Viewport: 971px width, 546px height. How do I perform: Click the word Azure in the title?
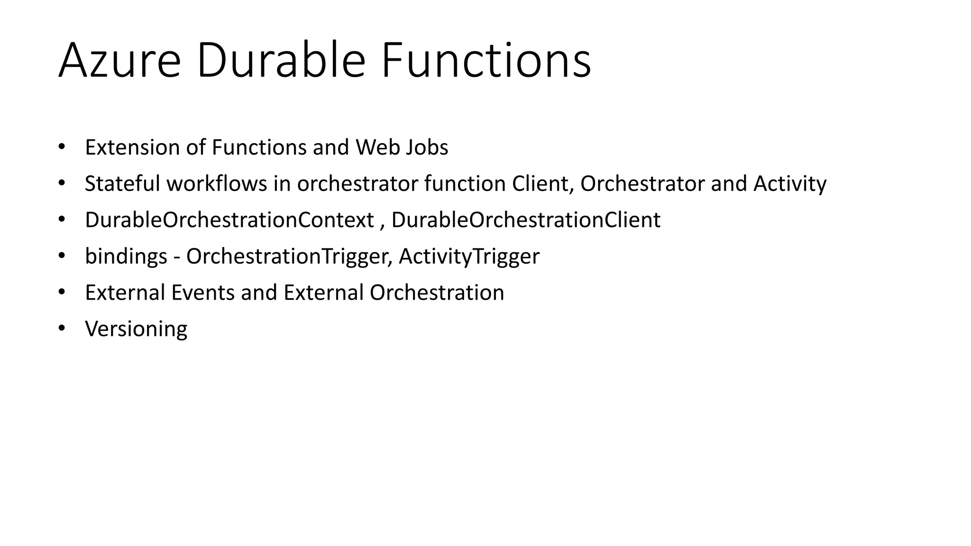[119, 61]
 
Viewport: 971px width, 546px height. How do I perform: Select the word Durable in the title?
[281, 61]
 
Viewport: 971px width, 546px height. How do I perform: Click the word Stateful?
[122, 184]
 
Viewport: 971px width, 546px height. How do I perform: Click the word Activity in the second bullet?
[790, 184]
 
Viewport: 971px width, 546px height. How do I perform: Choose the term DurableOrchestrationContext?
[229, 220]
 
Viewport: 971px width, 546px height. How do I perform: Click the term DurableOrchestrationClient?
[526, 220]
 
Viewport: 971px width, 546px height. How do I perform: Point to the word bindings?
[126, 256]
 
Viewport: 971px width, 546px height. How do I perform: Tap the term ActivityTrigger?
[469, 256]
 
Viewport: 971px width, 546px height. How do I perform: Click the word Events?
[203, 292]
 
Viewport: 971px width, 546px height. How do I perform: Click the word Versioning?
[136, 329]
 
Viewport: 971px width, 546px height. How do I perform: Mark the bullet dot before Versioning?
[61, 328]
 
